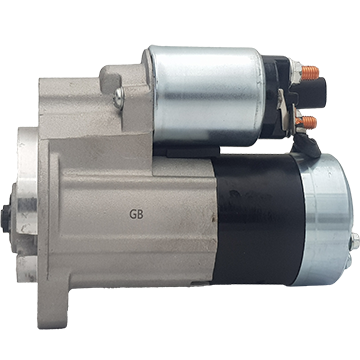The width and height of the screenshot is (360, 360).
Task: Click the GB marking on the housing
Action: pyautogui.click(x=136, y=214)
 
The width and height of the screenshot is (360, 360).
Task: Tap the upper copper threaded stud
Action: pyautogui.click(x=310, y=73)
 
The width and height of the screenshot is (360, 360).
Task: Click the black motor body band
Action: pyautogui.click(x=258, y=220)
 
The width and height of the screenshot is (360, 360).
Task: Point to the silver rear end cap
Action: pyautogui.click(x=327, y=220)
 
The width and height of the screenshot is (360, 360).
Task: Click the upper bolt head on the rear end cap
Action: pyautogui.click(x=355, y=241)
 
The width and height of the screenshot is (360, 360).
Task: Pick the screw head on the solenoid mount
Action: pyautogui.click(x=119, y=98)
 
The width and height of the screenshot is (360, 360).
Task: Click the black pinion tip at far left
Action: pyautogui.click(x=6, y=218)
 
